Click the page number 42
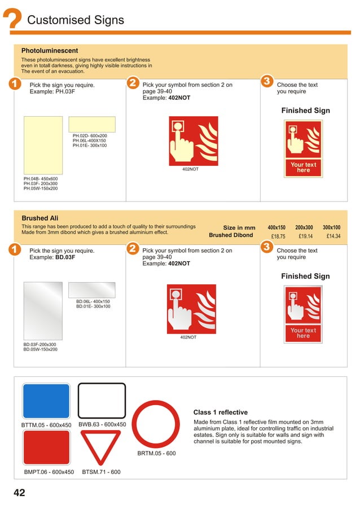point(19,493)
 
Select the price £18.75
point(278,236)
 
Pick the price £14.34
point(333,236)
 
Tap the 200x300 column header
point(304,227)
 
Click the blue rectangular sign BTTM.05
point(46,401)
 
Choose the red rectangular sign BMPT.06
point(46,447)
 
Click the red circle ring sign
point(156,424)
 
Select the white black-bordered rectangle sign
point(102,401)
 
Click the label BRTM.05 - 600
point(156,453)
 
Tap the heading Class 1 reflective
point(220,413)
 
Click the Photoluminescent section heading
point(50,50)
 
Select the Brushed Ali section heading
point(40,218)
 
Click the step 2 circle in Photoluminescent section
point(133,84)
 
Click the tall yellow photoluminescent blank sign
point(43,145)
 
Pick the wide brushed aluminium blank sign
point(91,289)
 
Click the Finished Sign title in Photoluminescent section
point(305,111)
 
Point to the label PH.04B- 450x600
point(41,178)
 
